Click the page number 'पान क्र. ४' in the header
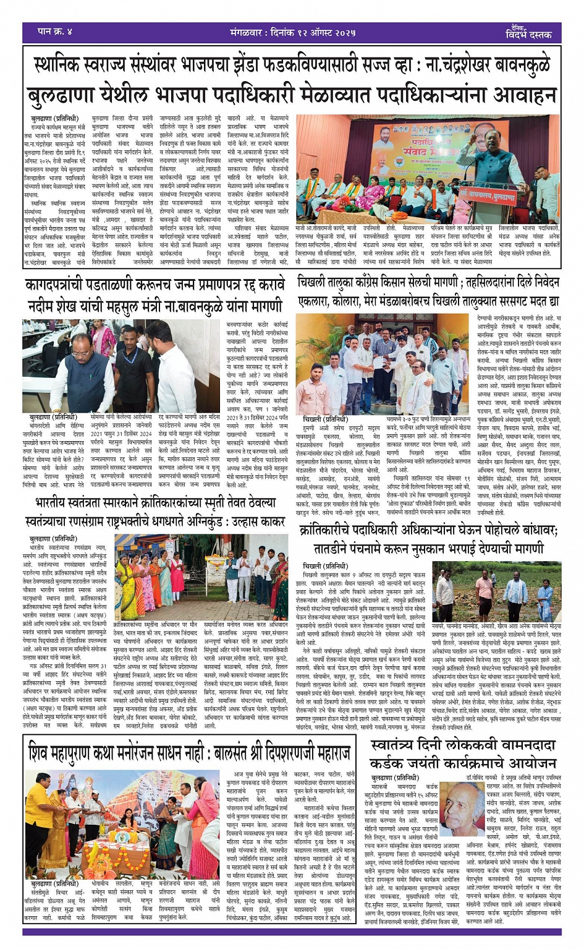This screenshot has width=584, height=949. pos(55,30)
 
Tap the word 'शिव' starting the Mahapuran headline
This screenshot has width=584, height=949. pos(41,753)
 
